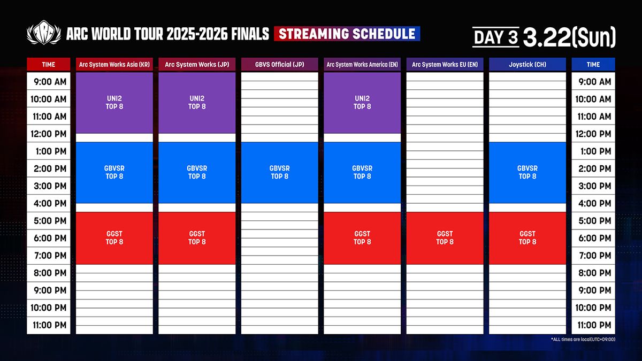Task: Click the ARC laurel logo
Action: [x=44, y=33]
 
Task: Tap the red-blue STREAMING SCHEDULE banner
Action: [x=347, y=34]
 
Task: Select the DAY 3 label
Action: [x=496, y=37]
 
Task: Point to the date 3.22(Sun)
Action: [x=569, y=37]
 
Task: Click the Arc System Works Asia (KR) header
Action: [x=114, y=65]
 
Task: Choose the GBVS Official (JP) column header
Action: [x=279, y=65]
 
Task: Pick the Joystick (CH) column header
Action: [x=528, y=65]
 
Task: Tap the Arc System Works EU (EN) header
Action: [x=445, y=65]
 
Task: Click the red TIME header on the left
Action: [x=49, y=65]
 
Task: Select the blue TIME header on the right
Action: [x=593, y=65]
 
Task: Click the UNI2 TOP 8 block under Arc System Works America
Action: [x=362, y=103]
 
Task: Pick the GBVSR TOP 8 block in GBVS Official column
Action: [x=279, y=172]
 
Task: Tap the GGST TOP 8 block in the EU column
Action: [x=445, y=238]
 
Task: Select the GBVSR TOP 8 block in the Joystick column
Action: [x=528, y=172]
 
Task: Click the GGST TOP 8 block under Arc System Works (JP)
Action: [x=197, y=238]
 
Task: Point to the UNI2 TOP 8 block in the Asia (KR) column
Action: [x=114, y=103]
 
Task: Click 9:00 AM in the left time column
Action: [x=50, y=82]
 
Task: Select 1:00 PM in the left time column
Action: [x=51, y=151]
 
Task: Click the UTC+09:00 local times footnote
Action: [x=583, y=340]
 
